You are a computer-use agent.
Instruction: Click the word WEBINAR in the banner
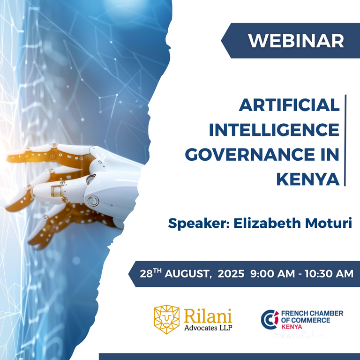[296, 41]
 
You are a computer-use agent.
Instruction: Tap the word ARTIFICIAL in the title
[289, 105]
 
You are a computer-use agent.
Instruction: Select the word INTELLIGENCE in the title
[274, 130]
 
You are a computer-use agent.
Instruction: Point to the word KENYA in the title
[308, 179]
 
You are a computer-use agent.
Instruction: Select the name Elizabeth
[267, 223]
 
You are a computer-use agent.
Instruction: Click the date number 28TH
[150, 273]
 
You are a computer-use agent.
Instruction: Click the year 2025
[231, 274]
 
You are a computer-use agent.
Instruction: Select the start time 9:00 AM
[272, 274]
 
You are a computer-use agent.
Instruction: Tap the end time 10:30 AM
[329, 274]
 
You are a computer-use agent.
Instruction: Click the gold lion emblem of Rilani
[167, 319]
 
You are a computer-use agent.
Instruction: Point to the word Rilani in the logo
[208, 316]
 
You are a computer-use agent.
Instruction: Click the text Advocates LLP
[208, 328]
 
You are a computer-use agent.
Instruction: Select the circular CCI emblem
[270, 319]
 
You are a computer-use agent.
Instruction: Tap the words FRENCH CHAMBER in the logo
[312, 313]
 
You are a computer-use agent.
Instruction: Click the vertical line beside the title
[345, 140]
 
